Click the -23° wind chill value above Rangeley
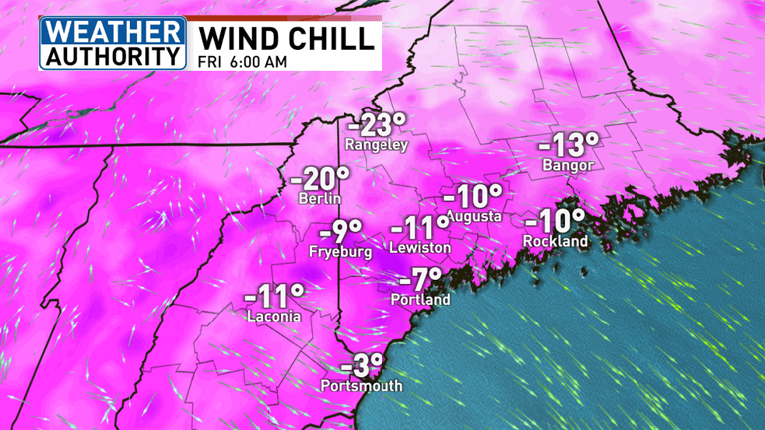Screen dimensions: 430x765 [x=377, y=125]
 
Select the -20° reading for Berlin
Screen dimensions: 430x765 [x=320, y=179]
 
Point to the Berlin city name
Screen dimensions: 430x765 [x=320, y=199]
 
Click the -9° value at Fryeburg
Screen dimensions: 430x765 [x=346, y=232]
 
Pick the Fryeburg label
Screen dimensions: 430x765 [x=340, y=252]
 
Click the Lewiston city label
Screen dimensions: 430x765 [x=421, y=247]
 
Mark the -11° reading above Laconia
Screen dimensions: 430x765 [x=273, y=295]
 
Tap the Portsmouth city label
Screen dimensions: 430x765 [x=362, y=386]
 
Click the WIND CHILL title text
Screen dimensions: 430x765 [x=288, y=37]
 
